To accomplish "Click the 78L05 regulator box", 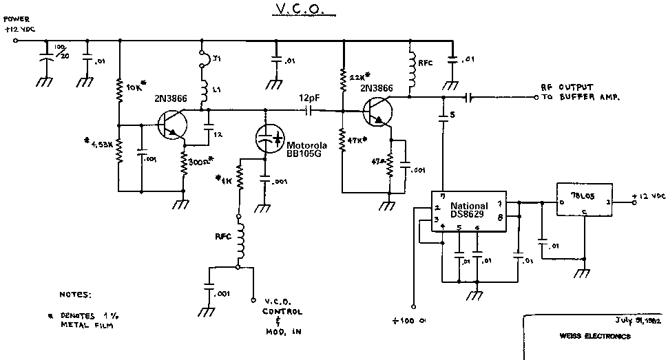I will click(583, 202).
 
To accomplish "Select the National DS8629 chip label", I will click(469, 211).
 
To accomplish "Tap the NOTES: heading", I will click(75, 294).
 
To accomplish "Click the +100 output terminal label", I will click(410, 321).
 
